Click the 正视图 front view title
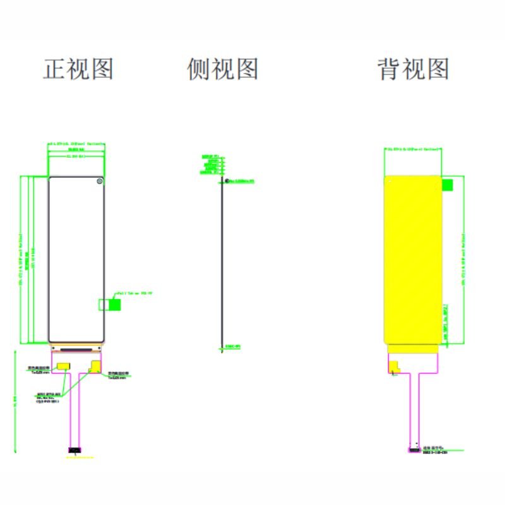78,68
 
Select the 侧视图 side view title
223,68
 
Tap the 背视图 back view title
413,68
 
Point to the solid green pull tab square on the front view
115,304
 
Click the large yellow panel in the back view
413,259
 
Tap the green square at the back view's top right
448,185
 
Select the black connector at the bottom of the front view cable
74,450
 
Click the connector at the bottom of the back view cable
414,450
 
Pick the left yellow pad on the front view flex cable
64,366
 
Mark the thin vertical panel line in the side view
222,265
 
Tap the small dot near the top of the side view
227,181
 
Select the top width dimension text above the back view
413,149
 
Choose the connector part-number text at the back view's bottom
436,453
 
